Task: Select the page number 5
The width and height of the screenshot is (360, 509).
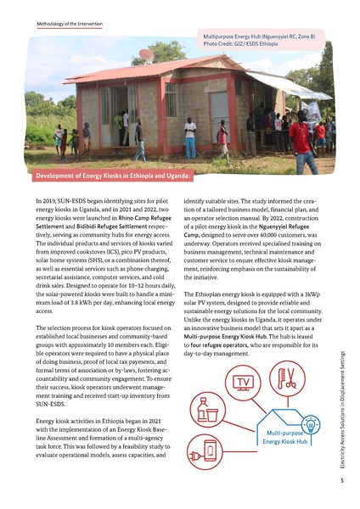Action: [x=339, y=481]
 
